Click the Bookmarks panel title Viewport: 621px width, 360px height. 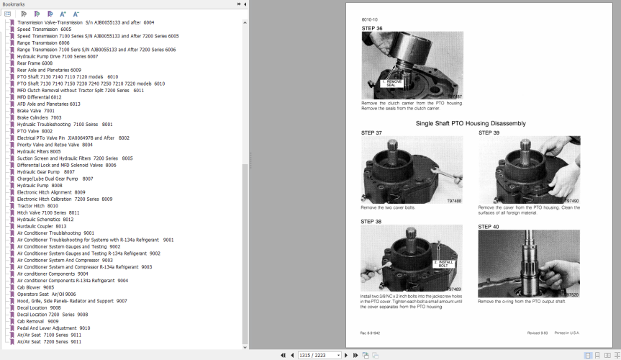point(14,4)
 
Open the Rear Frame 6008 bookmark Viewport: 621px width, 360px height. point(35,63)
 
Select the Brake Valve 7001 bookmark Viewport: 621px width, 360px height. point(35,111)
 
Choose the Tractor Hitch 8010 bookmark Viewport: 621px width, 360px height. point(37,206)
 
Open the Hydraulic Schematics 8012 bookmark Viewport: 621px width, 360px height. point(45,220)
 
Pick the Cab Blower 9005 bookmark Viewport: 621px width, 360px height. point(35,287)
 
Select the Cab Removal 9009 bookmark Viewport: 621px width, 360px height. point(37,321)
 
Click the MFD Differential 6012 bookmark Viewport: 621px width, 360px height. point(40,97)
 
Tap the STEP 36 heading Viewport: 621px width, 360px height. point(371,28)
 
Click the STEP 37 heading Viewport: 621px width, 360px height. point(371,132)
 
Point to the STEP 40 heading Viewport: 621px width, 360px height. point(489,227)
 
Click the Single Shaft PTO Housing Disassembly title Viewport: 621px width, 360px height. point(471,123)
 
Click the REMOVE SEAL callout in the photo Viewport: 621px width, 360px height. point(394,83)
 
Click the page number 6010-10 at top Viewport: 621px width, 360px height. point(370,19)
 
